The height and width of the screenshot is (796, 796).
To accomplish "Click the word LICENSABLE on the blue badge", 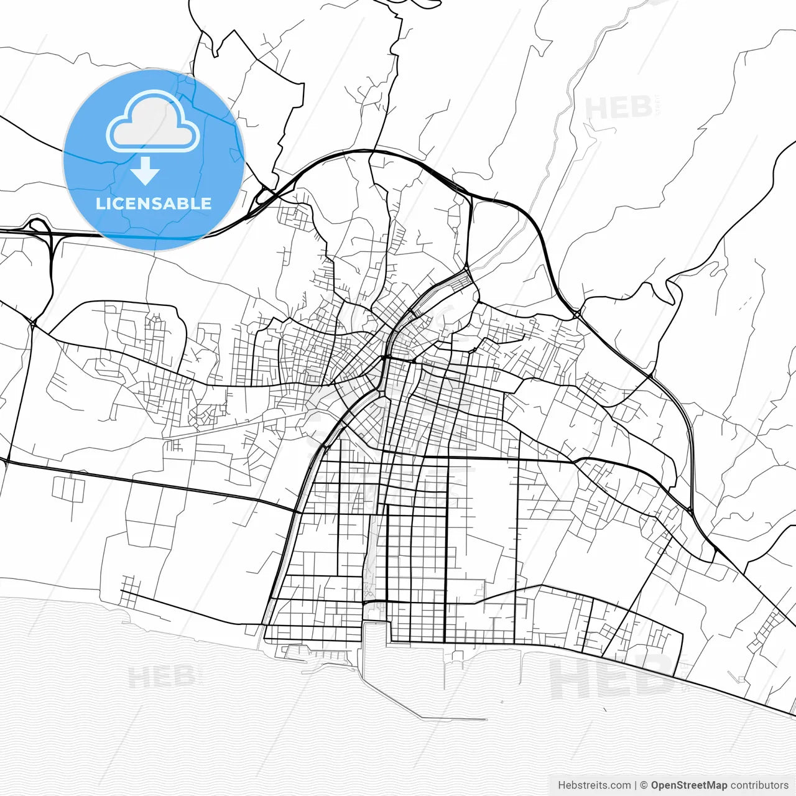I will point(153,203).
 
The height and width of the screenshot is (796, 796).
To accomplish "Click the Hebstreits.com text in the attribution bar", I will point(594,785).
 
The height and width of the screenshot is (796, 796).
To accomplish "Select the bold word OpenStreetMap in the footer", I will point(689,785).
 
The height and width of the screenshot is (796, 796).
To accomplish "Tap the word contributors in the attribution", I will point(759,785).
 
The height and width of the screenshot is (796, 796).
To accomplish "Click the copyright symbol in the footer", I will point(644,785).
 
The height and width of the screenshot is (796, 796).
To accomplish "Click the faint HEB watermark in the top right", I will point(619,109).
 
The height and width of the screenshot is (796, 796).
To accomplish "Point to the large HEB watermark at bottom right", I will point(613,678).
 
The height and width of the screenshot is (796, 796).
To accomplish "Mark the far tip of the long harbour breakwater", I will point(485,720).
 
